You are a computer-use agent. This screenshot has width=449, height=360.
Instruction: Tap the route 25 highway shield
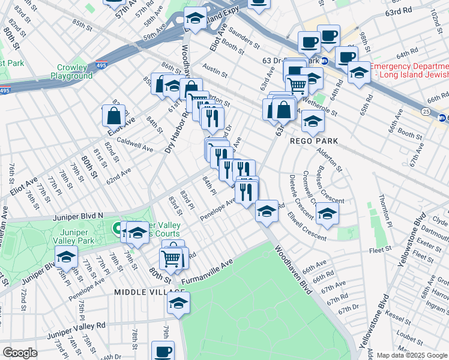click(425, 111)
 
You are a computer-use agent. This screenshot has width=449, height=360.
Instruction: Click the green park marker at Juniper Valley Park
click(117, 228)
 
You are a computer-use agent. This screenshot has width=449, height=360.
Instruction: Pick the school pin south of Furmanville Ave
click(179, 303)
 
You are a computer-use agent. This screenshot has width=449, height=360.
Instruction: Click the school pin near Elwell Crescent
click(327, 214)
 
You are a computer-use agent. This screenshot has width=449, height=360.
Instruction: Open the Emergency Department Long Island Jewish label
click(409, 70)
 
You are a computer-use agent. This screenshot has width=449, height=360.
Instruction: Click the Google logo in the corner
click(19, 353)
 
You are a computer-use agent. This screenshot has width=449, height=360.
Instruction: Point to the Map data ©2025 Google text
click(412, 355)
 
